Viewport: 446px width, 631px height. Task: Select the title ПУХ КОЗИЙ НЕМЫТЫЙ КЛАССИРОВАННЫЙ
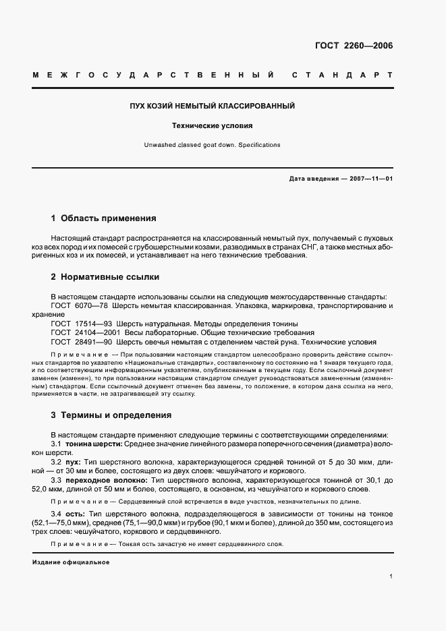coord(213,107)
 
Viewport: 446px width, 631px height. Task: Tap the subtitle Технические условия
coord(213,125)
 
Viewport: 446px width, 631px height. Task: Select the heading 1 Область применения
coord(103,218)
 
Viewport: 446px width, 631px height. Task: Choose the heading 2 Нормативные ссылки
coord(105,277)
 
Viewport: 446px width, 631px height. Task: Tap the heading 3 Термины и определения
coord(111,415)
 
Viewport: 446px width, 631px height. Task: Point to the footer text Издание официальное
coord(70,562)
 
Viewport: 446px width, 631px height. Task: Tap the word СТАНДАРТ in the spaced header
coord(341,74)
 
